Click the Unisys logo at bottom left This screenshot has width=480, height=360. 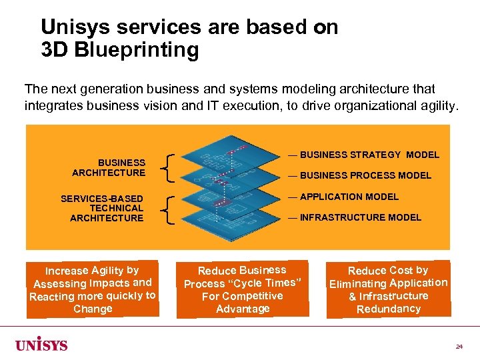[41, 345]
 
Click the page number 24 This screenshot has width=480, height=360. [459, 347]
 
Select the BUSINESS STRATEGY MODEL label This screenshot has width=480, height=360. [369, 155]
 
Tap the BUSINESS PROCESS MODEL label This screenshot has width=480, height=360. [365, 175]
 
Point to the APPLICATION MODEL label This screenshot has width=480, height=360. [349, 197]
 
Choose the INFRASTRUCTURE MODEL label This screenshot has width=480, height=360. [360, 217]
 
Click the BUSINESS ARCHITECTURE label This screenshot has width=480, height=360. [109, 167]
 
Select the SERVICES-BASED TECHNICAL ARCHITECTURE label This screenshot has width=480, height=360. [102, 208]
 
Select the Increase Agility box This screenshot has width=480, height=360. [93, 289]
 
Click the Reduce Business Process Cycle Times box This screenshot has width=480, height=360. [243, 289]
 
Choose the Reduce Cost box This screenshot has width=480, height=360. [388, 289]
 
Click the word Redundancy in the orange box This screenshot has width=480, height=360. [388, 309]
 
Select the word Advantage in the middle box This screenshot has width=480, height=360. [243, 309]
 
